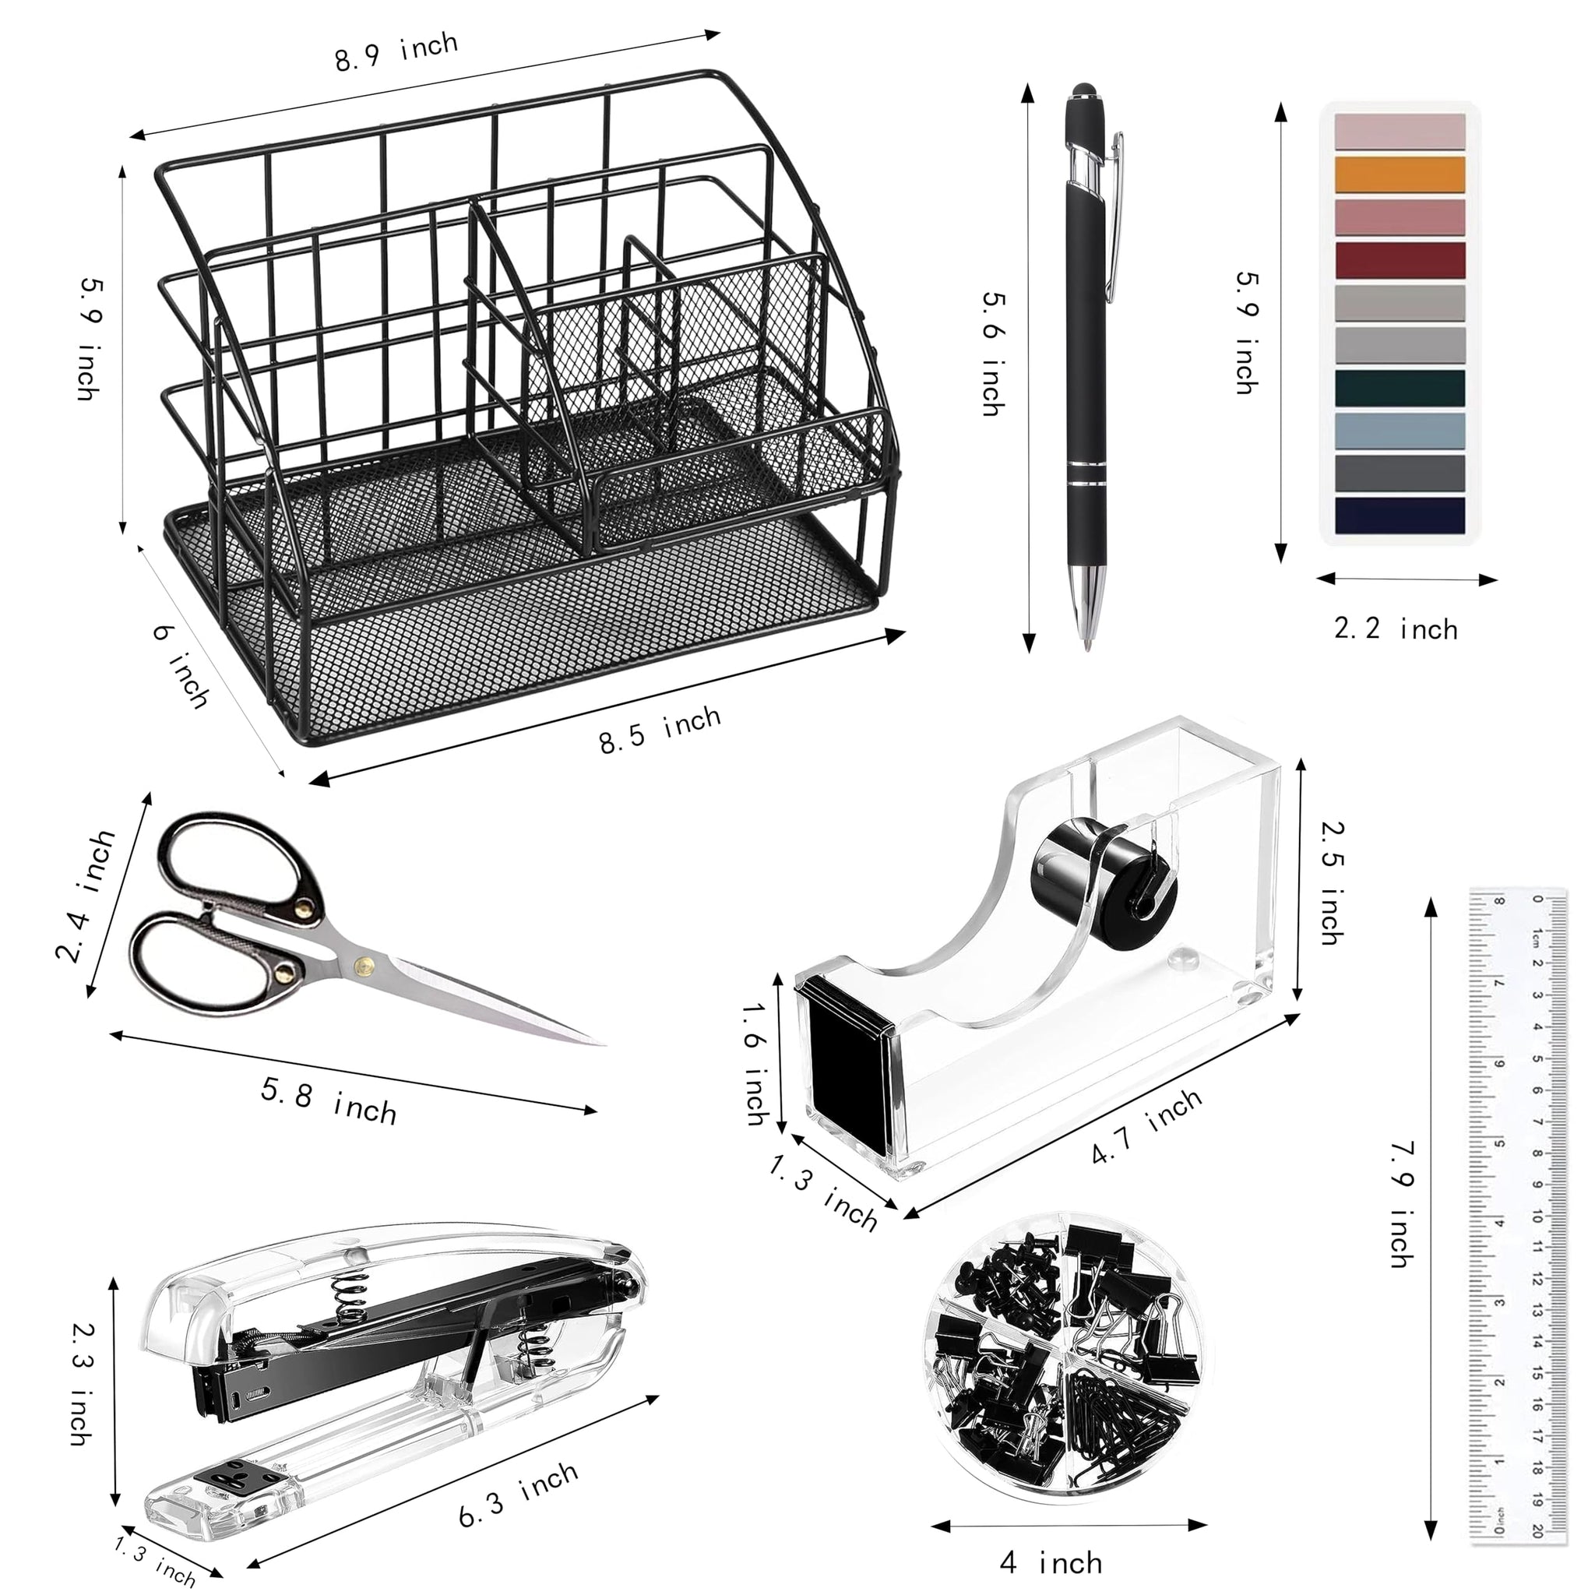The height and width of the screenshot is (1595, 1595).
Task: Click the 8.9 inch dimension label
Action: point(396,53)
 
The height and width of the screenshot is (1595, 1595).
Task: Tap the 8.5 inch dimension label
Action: point(660,730)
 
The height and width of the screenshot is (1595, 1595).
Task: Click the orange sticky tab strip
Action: point(1400,174)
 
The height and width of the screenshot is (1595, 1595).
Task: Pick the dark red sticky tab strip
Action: point(1400,259)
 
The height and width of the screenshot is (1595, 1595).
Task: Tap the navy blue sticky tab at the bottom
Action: point(1400,514)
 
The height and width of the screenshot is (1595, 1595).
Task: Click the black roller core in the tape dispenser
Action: point(1104,881)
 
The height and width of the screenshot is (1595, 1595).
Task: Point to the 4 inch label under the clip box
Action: point(1050,1562)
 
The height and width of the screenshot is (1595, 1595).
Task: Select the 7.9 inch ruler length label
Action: point(1403,1205)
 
